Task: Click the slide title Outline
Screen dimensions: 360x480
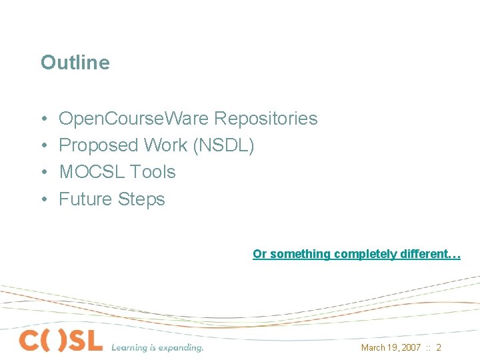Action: (75, 63)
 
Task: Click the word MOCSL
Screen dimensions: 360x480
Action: (92, 172)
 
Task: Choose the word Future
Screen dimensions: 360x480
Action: (86, 199)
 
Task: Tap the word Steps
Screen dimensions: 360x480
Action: (141, 199)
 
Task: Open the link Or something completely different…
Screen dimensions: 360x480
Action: (356, 254)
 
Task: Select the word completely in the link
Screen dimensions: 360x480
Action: (365, 254)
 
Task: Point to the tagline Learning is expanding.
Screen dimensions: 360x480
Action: (157, 347)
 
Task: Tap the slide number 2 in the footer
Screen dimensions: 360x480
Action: (439, 348)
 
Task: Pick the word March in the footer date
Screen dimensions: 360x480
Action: (373, 348)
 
